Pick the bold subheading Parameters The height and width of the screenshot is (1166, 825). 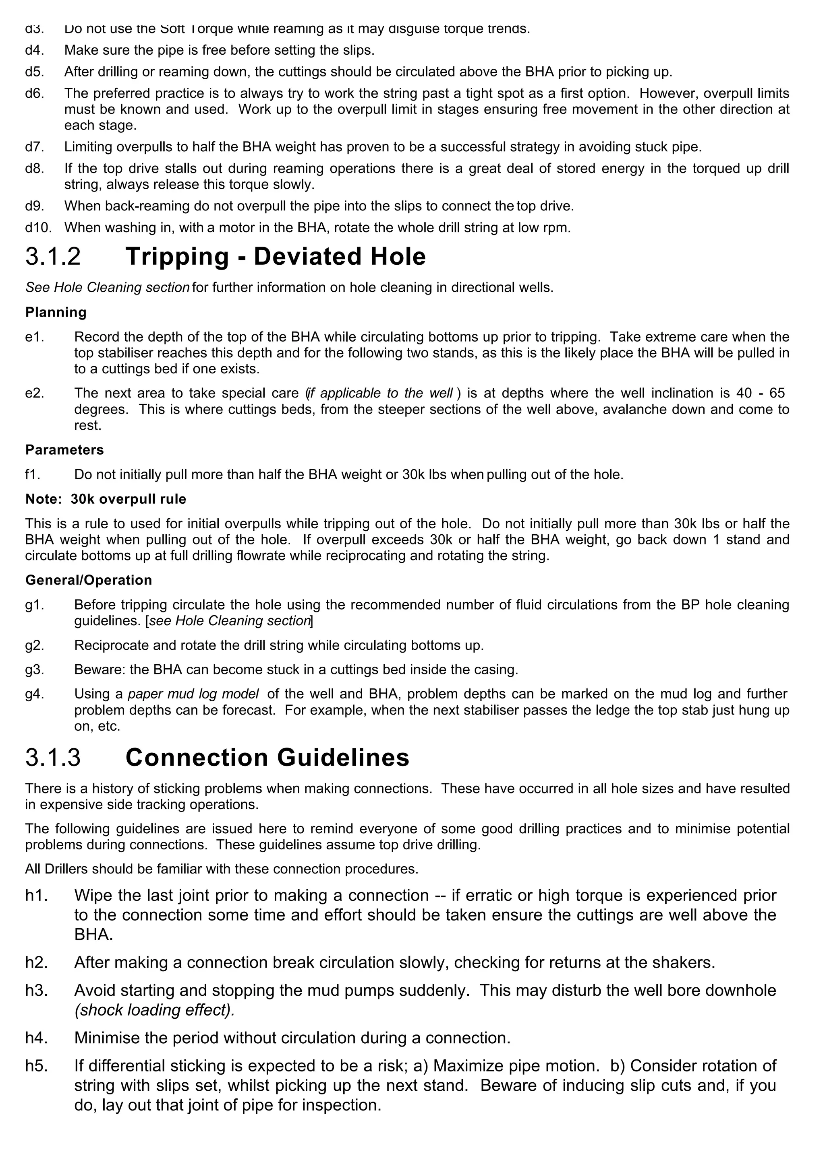coord(64,450)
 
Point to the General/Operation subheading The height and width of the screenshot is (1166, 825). coord(89,581)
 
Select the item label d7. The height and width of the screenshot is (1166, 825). coord(35,147)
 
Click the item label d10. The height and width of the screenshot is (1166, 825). coord(39,227)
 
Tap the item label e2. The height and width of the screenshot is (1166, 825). coord(35,393)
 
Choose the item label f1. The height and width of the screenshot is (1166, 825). coord(33,475)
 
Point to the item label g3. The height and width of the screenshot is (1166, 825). coord(35,670)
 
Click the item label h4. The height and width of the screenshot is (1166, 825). coord(36,1038)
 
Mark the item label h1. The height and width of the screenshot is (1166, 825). coord(36,895)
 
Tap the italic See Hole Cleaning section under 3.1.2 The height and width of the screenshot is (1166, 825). coord(107,288)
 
